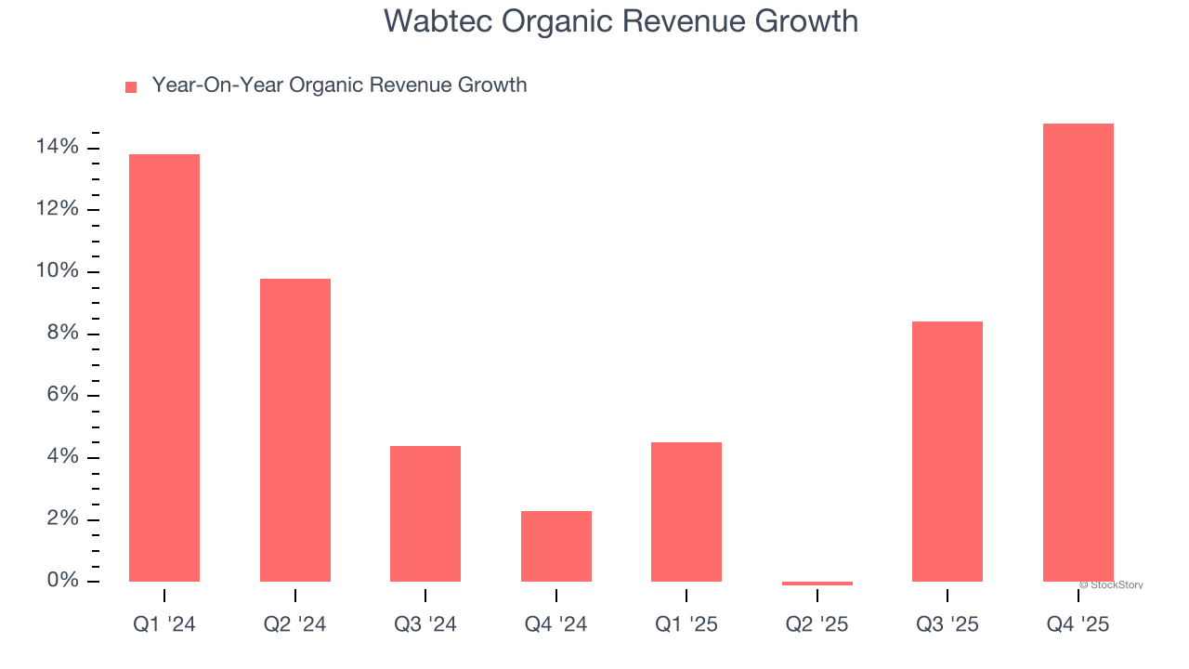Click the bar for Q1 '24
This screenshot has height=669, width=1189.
click(x=164, y=368)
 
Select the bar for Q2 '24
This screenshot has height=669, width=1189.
click(x=295, y=430)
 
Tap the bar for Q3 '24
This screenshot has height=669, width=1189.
click(x=425, y=514)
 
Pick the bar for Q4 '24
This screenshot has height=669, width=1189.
click(x=556, y=546)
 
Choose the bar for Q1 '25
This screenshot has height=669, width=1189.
click(x=686, y=512)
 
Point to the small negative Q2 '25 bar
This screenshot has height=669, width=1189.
click(x=817, y=584)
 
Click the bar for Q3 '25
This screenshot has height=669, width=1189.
click(x=947, y=452)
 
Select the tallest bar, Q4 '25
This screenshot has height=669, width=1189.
click(x=1078, y=353)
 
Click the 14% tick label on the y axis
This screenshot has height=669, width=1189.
click(x=58, y=148)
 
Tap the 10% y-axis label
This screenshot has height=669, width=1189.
click(x=58, y=271)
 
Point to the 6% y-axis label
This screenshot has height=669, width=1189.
click(x=62, y=395)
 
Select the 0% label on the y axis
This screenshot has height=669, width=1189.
click(x=62, y=581)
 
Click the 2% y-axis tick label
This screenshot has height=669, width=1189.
click(x=62, y=518)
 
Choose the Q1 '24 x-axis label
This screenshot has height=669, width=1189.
click(x=164, y=625)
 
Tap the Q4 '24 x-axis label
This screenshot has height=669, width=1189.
click(x=556, y=625)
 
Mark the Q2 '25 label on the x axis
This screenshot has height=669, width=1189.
click(x=817, y=625)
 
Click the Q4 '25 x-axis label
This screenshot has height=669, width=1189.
click(x=1078, y=625)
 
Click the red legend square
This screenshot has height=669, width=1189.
click(x=131, y=87)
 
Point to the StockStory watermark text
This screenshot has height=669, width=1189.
click(x=1112, y=585)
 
